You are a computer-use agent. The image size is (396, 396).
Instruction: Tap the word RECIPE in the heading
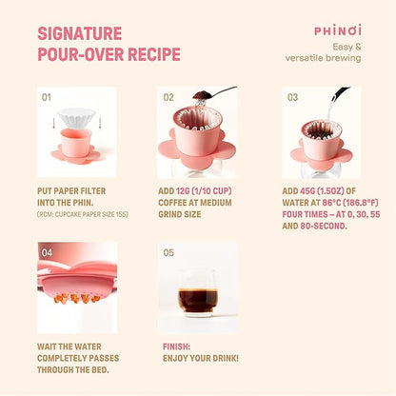[x=149, y=54]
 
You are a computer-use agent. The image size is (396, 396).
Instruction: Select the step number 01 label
[x=47, y=97]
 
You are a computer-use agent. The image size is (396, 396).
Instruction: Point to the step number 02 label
[x=168, y=97]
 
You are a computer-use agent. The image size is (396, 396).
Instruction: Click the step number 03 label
[x=292, y=97]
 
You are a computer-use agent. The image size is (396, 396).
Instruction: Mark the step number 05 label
[x=168, y=253]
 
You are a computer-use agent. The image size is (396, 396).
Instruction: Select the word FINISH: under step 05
[x=175, y=347]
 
